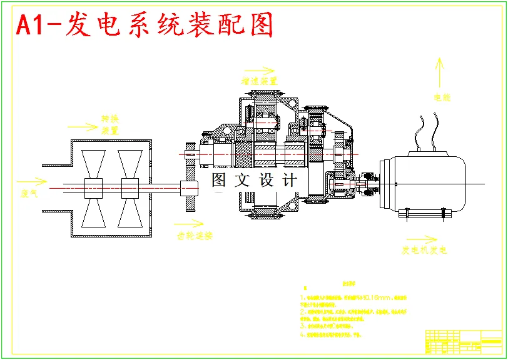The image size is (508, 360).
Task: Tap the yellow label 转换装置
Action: [x=110, y=124]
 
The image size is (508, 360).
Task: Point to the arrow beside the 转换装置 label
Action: [x=83, y=126]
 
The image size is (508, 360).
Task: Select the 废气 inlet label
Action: [x=29, y=194]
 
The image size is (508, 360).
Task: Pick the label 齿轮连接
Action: [x=195, y=236]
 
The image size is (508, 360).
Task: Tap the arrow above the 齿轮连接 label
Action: [x=188, y=222]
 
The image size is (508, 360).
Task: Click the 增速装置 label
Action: [x=260, y=81]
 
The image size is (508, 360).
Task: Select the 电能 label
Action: [x=442, y=97]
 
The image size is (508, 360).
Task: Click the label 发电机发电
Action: [x=424, y=251]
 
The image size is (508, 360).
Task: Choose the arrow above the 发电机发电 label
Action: [x=421, y=239]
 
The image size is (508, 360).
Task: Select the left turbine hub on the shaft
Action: [x=94, y=187]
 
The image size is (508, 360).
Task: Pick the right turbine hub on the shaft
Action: [x=130, y=187]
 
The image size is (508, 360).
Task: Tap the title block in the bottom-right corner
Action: [x=464, y=341]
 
